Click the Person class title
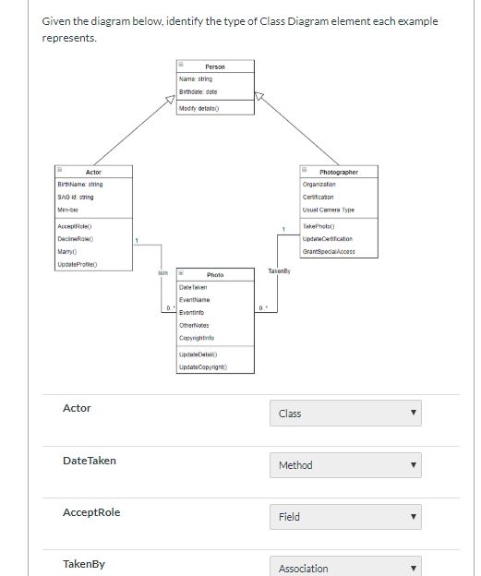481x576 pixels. [x=215, y=66]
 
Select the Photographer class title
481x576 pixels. [x=339, y=172]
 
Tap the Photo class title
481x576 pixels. [x=215, y=275]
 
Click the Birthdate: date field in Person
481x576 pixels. [x=198, y=90]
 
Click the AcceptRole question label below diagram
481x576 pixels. [x=90, y=512]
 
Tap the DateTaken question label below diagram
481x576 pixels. [x=89, y=460]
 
